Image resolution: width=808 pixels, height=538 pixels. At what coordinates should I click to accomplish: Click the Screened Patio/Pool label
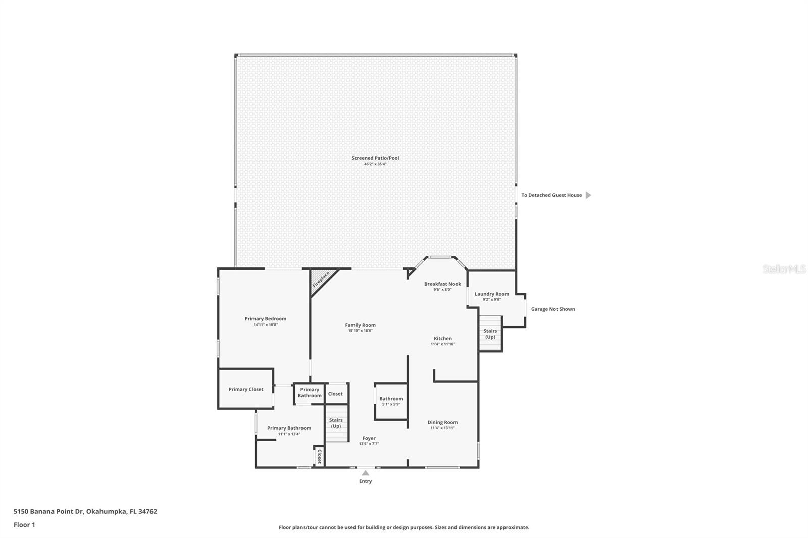click(x=375, y=158)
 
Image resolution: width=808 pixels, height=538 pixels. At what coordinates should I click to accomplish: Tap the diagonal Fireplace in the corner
click(x=321, y=279)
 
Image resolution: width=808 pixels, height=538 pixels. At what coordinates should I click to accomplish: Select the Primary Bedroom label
click(x=265, y=319)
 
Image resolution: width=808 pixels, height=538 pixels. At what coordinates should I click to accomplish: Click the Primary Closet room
click(x=245, y=389)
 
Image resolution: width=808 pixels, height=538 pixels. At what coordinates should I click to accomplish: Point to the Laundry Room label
click(x=491, y=294)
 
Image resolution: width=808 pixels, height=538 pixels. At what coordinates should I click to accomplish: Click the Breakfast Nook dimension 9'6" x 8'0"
click(x=442, y=290)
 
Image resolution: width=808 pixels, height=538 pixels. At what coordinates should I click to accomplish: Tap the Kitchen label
click(x=442, y=339)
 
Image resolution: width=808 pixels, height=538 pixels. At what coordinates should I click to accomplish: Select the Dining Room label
click(x=442, y=422)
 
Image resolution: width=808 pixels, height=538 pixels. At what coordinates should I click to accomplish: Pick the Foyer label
click(x=369, y=438)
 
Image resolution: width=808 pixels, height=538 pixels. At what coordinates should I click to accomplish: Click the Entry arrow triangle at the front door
click(x=365, y=473)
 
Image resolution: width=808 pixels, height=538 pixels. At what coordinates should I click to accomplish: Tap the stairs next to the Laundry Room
click(x=490, y=334)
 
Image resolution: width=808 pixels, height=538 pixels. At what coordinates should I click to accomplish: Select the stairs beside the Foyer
click(x=336, y=423)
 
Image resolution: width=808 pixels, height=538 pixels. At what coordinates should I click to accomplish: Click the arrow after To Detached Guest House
click(x=588, y=195)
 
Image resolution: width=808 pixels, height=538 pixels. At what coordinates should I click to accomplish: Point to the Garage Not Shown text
click(x=552, y=309)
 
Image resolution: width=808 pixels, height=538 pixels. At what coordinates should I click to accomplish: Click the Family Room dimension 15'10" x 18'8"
click(x=360, y=331)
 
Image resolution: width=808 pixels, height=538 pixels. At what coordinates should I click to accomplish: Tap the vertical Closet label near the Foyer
click(x=319, y=456)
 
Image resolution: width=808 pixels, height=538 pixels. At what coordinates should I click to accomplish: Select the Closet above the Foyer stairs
click(x=335, y=394)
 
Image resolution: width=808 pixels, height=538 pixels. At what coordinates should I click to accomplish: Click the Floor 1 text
click(x=24, y=525)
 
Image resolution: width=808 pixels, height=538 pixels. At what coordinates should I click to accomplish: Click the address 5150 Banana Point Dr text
click(x=85, y=511)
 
